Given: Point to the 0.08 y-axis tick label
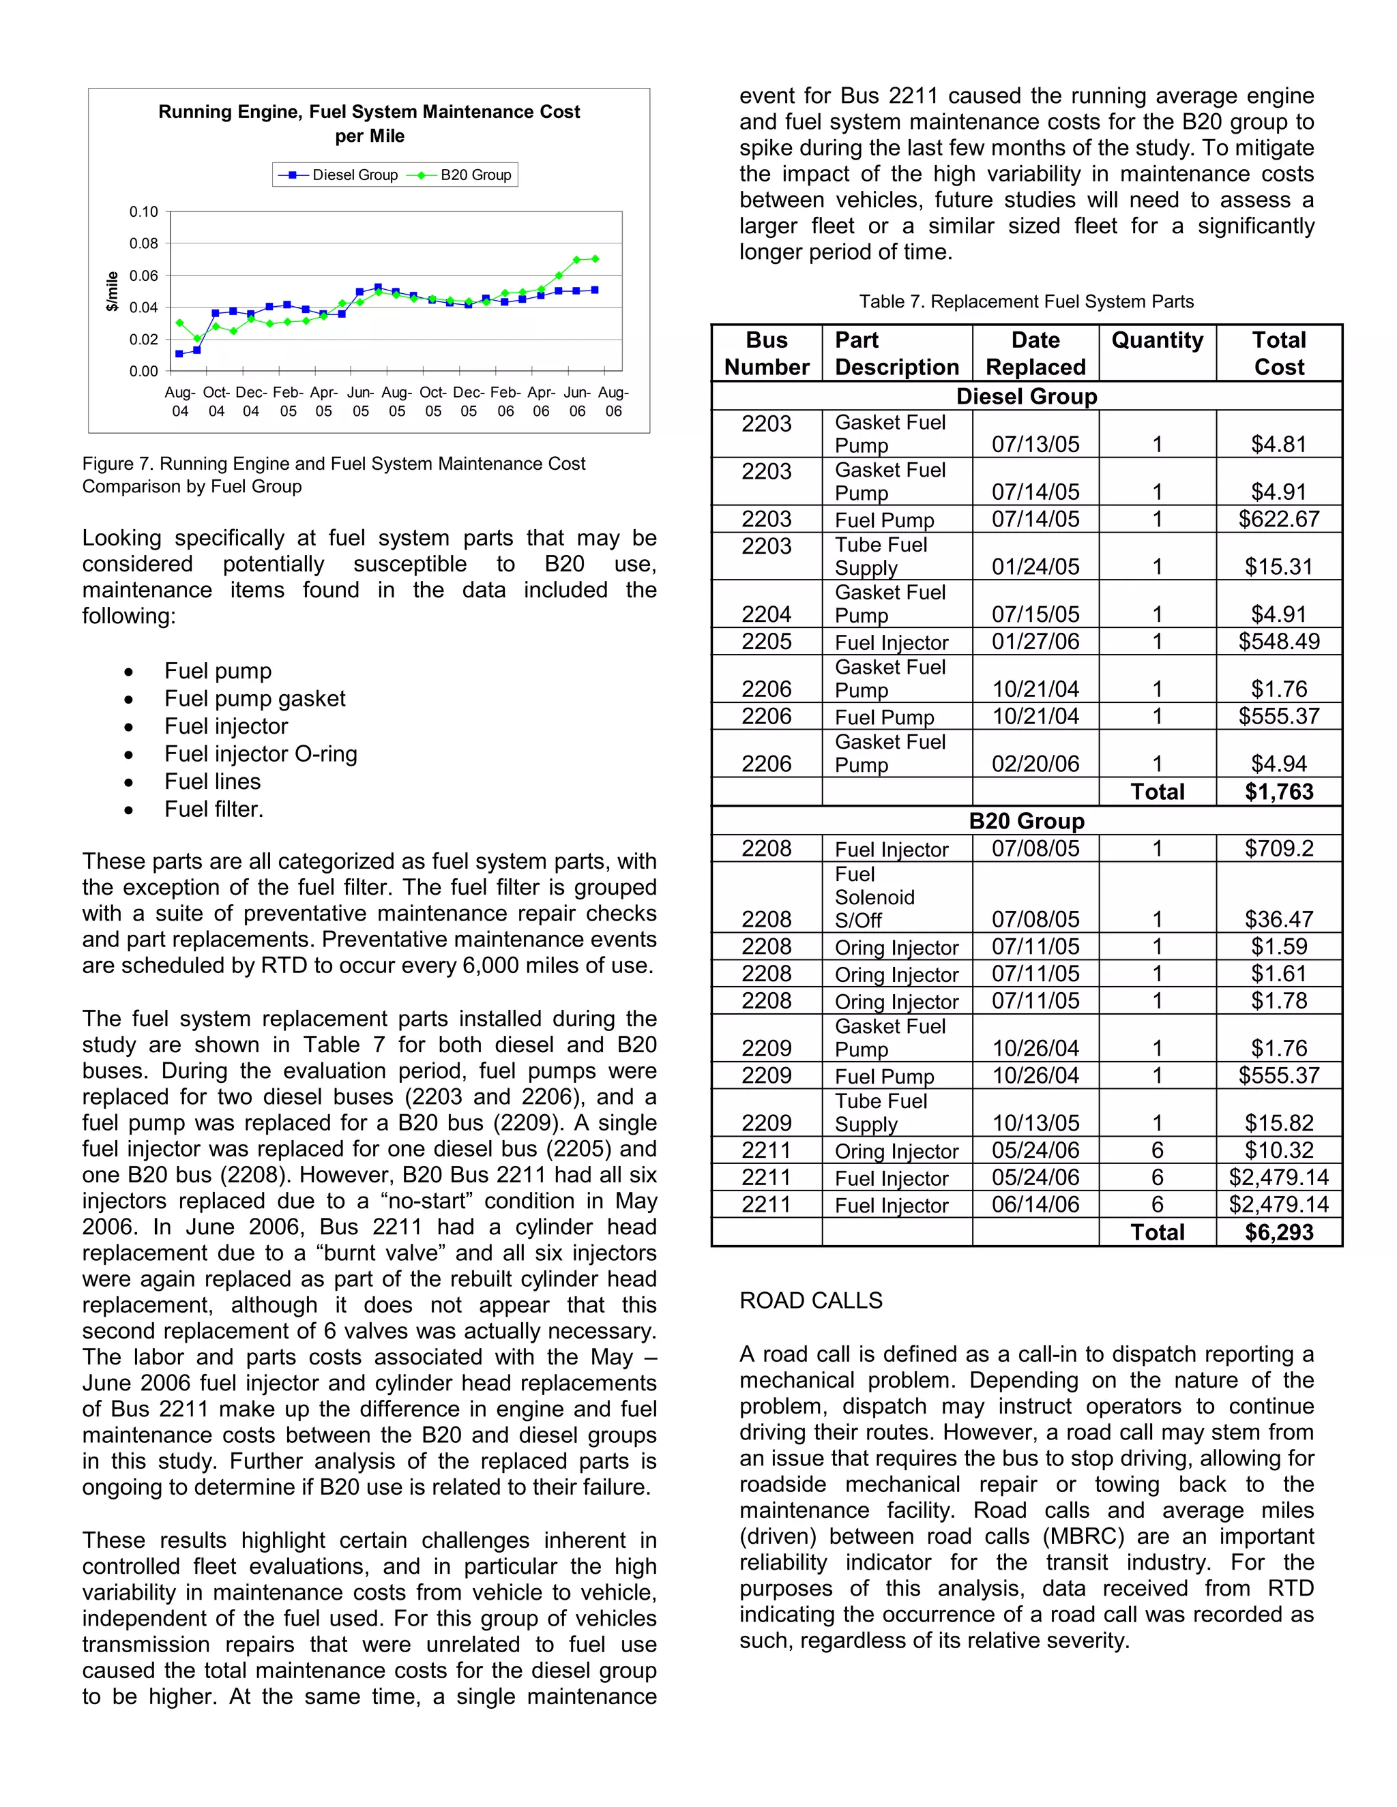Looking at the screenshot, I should point(143,243).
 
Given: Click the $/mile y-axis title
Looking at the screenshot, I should point(113,291).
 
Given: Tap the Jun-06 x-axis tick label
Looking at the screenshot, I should point(577,401).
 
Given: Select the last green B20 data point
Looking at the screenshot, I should point(595,259).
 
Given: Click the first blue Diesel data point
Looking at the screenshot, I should point(179,354).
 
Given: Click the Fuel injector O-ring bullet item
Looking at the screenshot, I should point(261,753).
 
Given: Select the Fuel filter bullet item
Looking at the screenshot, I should point(214,809).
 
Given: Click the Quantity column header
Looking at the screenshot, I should point(1157,340).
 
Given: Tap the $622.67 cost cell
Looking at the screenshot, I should point(1279,519).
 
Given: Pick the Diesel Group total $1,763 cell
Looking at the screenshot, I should point(1279,792).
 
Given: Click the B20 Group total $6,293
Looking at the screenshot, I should point(1279,1232).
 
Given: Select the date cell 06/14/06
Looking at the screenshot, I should point(1035,1205).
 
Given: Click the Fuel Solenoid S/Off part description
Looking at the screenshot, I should point(874,898).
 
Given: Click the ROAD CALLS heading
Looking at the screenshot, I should point(811,1300).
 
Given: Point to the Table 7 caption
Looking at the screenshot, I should point(1026,301).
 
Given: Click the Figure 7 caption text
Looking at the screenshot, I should point(334,475).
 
